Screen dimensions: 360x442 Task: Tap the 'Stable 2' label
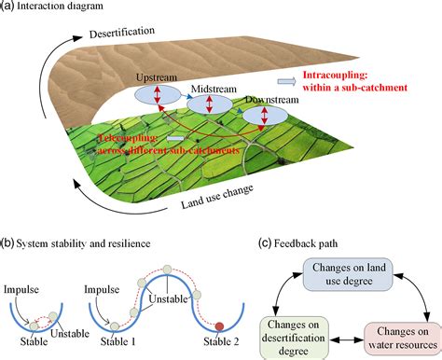[221, 341]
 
